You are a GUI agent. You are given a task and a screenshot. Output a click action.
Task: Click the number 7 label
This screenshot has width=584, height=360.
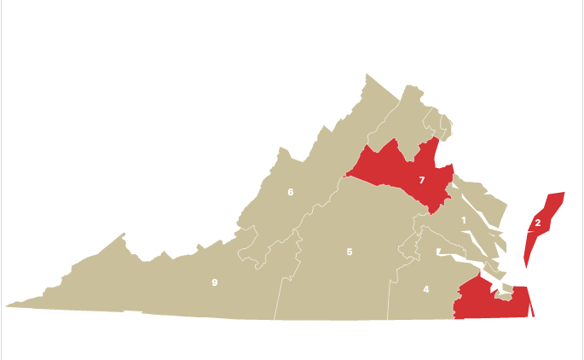click(421, 180)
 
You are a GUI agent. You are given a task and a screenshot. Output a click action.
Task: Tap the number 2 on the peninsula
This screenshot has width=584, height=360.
click(536, 223)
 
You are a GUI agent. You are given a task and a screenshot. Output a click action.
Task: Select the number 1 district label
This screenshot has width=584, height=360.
click(464, 221)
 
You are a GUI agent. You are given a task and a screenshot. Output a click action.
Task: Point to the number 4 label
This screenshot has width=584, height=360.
click(426, 289)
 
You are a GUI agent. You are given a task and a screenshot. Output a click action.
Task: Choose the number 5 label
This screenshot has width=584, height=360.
click(350, 252)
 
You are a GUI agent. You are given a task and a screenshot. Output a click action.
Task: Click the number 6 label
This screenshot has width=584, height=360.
click(291, 192)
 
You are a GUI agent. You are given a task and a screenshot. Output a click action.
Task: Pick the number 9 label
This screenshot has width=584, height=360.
click(215, 282)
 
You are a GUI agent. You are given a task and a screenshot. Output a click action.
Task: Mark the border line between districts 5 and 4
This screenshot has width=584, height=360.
click(390, 290)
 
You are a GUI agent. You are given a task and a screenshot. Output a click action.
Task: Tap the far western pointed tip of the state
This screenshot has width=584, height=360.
click(6, 305)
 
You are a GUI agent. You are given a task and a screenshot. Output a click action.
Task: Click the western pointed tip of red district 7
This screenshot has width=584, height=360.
click(346, 176)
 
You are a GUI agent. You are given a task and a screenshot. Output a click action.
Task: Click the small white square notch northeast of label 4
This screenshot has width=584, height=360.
click(438, 252)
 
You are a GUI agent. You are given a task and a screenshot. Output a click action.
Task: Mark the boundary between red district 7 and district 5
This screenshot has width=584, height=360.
click(392, 189)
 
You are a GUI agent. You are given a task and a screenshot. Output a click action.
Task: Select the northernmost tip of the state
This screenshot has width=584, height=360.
click(369, 76)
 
